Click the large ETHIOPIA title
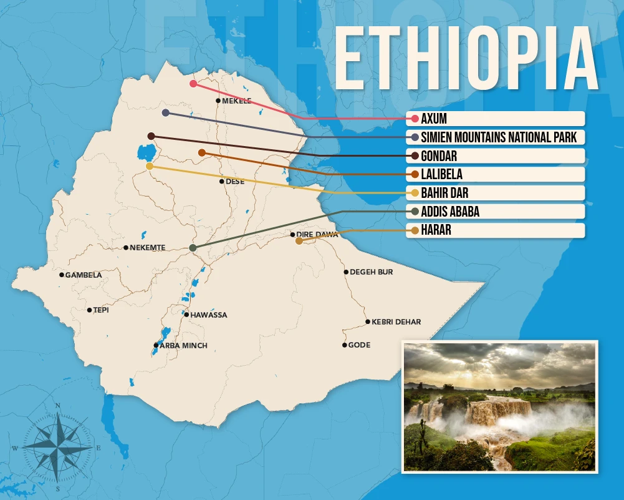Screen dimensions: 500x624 click(466, 60)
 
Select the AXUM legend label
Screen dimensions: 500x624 click(434, 119)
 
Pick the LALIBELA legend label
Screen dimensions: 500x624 click(441, 174)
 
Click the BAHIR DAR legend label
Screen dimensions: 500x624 click(444, 193)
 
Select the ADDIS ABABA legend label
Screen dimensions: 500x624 click(450, 212)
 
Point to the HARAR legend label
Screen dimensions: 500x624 click(436, 230)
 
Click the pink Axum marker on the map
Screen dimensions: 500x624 click(193, 83)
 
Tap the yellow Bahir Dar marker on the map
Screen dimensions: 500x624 click(149, 166)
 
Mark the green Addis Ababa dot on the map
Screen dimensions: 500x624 click(193, 248)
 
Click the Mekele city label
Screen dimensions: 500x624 click(237, 100)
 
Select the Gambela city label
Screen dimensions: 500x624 click(84, 275)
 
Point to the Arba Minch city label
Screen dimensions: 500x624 click(183, 345)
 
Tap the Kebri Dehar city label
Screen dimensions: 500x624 click(396, 322)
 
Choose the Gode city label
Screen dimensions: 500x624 click(359, 345)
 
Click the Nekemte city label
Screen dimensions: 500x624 click(147, 248)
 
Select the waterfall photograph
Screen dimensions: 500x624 click(499, 406)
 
